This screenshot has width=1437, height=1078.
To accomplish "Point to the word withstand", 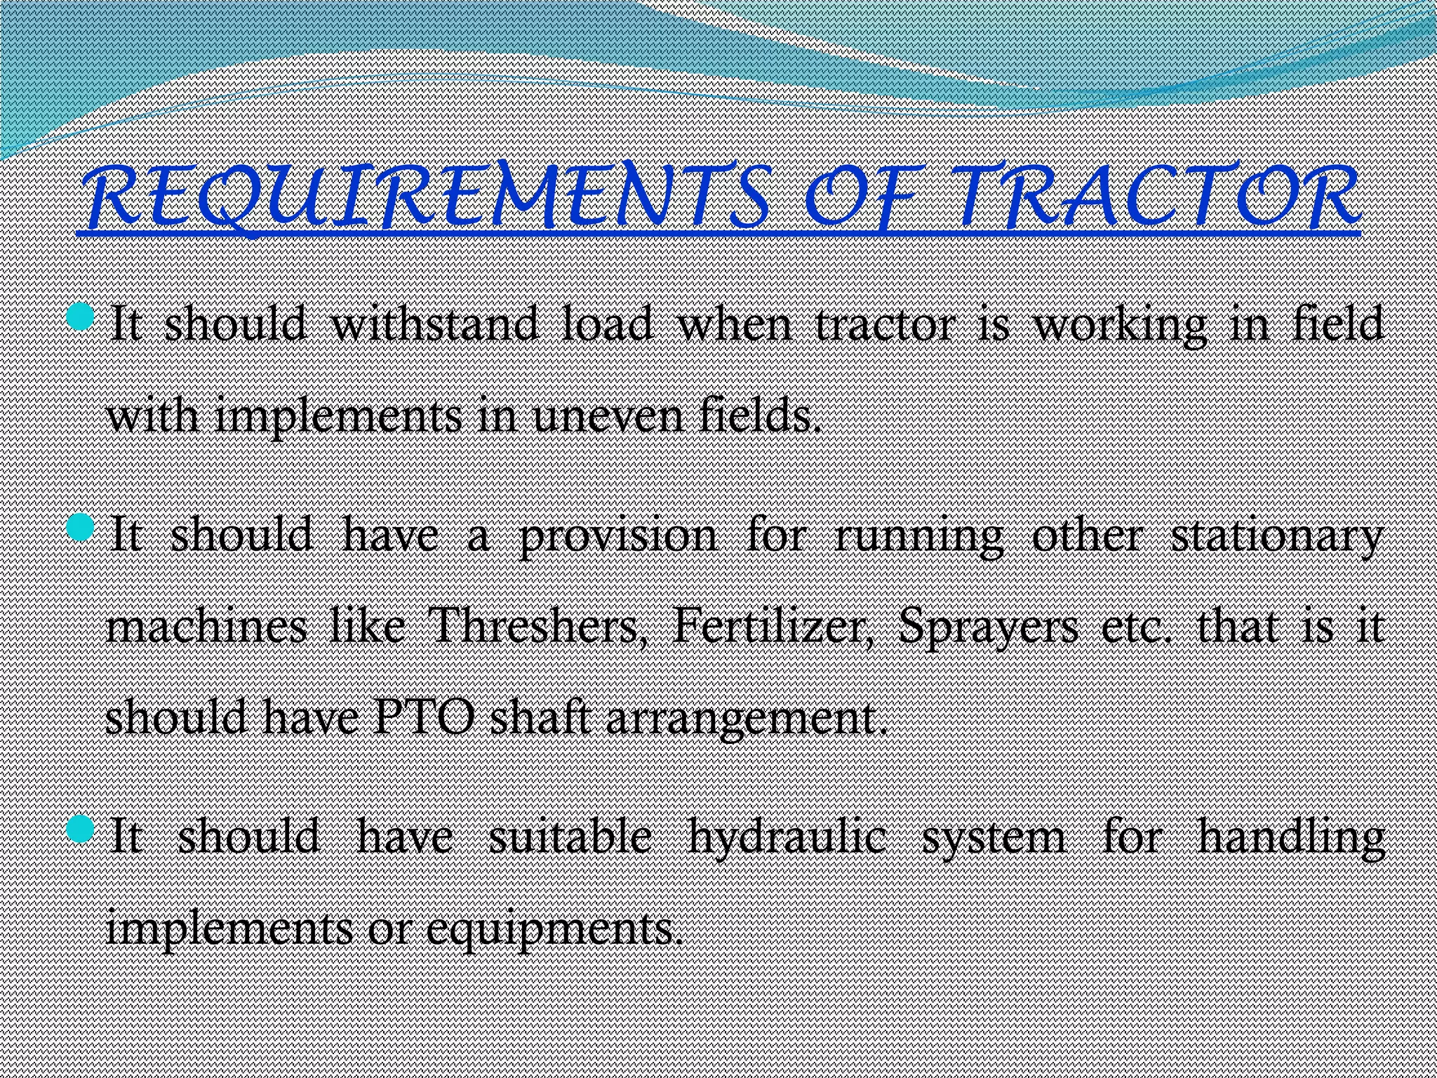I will tap(434, 325).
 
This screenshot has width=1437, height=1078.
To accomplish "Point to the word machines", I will tap(206, 626).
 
